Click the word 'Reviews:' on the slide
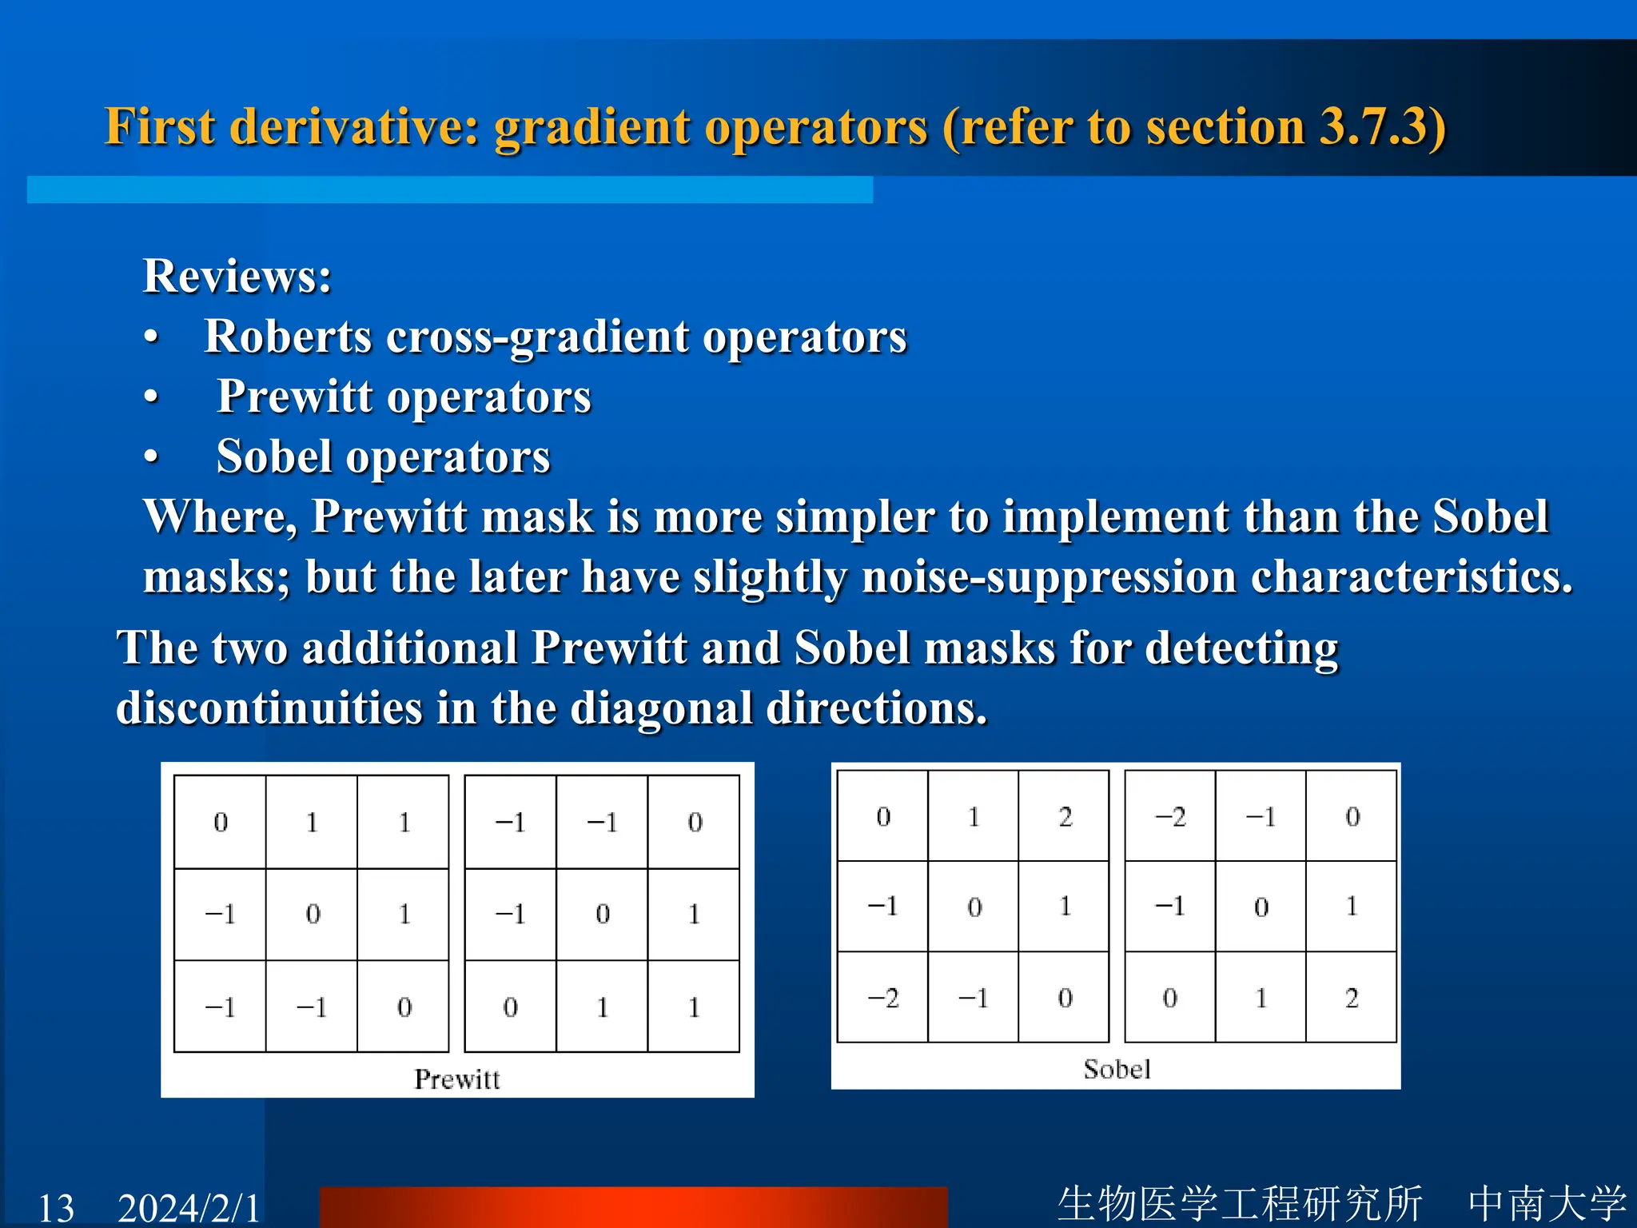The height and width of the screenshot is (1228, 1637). point(237,277)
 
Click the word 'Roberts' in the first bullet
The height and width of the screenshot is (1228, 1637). point(288,336)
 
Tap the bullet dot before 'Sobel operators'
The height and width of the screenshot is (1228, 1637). point(152,457)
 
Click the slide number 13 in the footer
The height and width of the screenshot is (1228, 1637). point(56,1207)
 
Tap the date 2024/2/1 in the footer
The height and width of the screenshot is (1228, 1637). point(189,1207)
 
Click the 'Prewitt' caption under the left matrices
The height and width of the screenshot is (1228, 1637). point(456,1079)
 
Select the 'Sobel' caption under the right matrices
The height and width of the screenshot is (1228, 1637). point(1117,1069)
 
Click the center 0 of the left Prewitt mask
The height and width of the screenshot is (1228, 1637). point(313,914)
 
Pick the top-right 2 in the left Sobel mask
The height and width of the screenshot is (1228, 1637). point(1065,817)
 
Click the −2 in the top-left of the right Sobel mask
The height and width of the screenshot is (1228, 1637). point(1170,817)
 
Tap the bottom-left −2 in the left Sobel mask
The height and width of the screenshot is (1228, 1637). point(883,998)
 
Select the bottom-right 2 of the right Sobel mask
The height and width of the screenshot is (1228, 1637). point(1352,998)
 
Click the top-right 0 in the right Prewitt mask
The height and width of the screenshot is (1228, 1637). point(695,822)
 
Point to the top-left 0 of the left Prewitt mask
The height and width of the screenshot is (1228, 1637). point(221,822)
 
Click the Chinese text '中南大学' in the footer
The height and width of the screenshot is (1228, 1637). point(1547,1203)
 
